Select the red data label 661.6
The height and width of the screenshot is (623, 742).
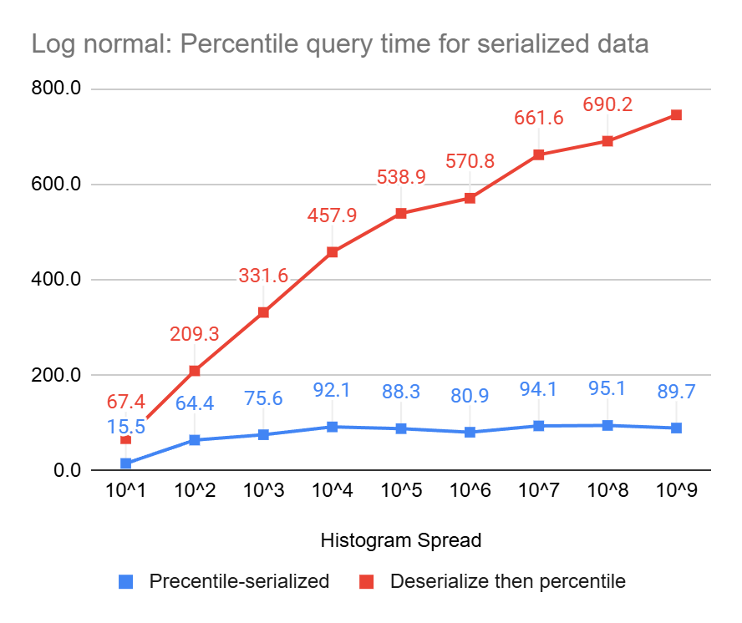[x=539, y=118]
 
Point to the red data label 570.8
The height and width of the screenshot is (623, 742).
[x=470, y=161]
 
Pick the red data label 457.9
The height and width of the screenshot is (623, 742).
[x=333, y=215]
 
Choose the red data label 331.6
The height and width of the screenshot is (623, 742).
[x=264, y=276]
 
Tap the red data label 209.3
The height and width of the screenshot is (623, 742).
[x=195, y=334]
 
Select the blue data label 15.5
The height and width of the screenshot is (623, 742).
[x=126, y=426]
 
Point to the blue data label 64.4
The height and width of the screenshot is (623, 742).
[x=195, y=403]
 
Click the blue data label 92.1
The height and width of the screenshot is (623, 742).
[x=333, y=390]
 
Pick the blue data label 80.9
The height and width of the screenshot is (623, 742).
[x=470, y=396]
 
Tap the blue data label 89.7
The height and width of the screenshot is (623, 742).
[x=677, y=391]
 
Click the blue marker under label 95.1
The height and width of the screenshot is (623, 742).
[x=607, y=425]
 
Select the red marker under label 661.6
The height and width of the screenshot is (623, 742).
[x=539, y=154]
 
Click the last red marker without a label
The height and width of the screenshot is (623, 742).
[x=677, y=115]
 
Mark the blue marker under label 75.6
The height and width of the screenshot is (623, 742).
[x=264, y=434]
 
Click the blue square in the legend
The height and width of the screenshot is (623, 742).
[x=126, y=581]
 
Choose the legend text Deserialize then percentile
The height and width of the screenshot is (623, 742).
[x=508, y=581]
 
